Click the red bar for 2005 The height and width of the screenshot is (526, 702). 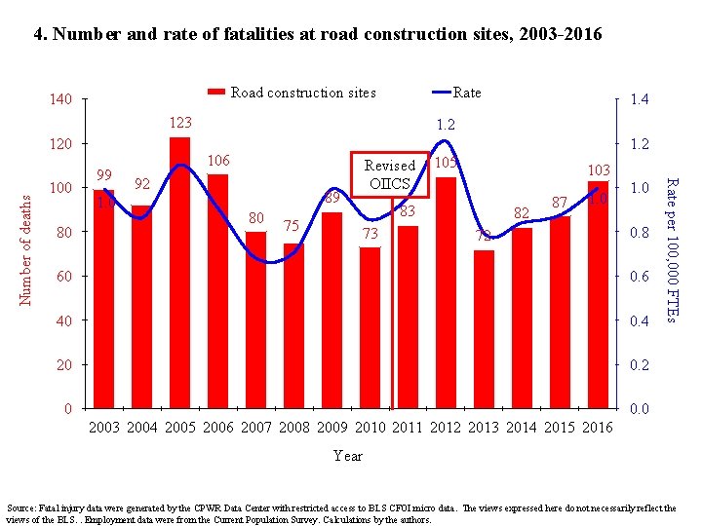coord(179,273)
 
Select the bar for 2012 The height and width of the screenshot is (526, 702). coord(446,292)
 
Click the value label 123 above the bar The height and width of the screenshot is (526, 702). coord(180,124)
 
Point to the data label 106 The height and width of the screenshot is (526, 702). coord(218,161)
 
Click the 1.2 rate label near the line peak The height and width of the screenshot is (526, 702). coord(446,125)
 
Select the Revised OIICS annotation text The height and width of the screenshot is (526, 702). coord(390,174)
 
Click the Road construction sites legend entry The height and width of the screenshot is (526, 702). coord(302,93)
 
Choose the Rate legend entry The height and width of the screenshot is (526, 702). coord(466,93)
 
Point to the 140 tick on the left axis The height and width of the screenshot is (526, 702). coord(61,100)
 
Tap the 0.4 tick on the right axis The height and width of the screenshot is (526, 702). coord(640,321)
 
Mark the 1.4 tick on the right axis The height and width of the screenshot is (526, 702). coord(640,100)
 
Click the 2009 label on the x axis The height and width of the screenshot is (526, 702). coord(331,427)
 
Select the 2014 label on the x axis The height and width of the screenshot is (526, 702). coord(522,427)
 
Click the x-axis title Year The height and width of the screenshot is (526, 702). coord(348,456)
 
